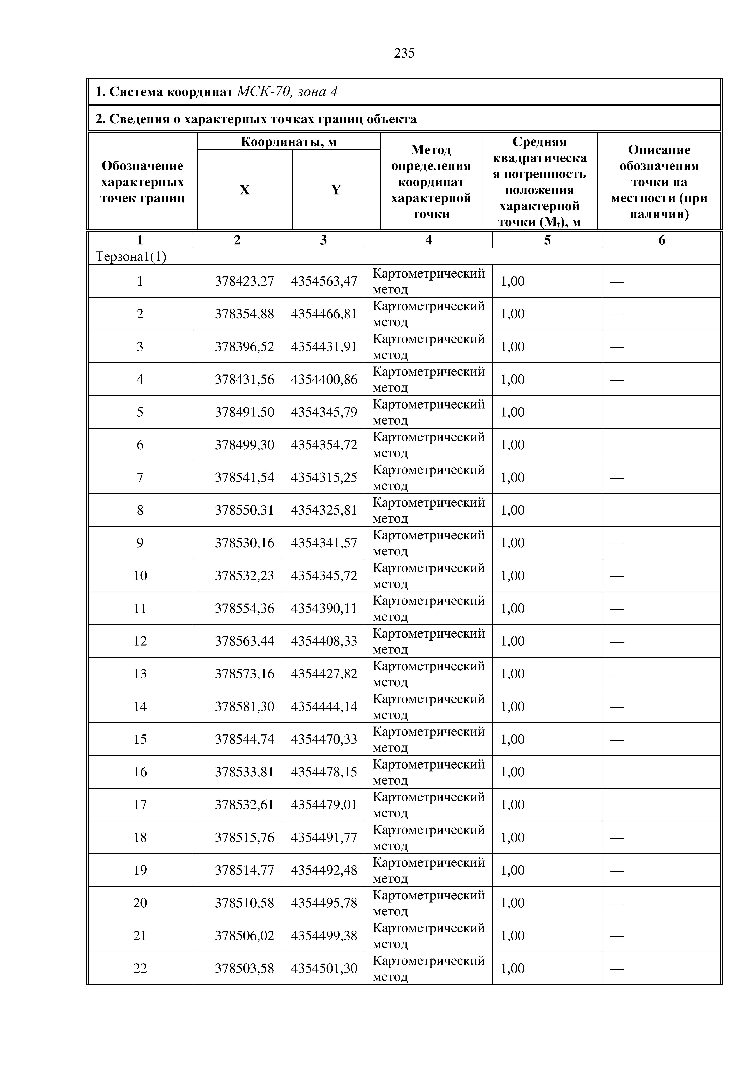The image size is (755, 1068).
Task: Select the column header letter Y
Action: [336, 190]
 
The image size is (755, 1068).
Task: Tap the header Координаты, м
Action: [288, 141]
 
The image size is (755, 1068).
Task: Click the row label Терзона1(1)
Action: [131, 257]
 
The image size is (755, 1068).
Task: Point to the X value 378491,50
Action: [244, 412]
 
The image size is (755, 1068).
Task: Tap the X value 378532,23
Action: [244, 576]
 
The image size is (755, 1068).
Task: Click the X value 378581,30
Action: [244, 707]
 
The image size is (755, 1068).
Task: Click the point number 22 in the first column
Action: [140, 968]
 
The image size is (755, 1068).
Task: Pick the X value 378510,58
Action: [244, 903]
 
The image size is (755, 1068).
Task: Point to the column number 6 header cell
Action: [662, 240]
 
